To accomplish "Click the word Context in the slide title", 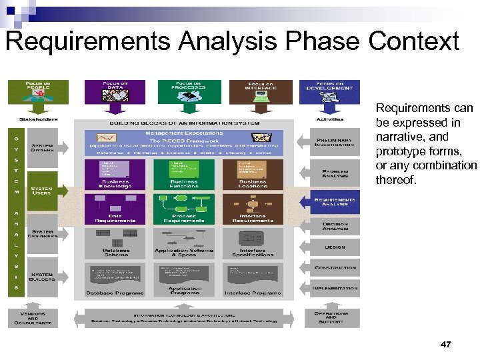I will click(415, 41).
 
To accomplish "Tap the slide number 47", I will click(446, 344).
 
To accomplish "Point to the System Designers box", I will click(42, 234).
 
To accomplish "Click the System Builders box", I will click(42, 275).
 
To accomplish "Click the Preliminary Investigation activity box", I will click(336, 144).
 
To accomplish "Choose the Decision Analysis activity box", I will click(336, 227).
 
